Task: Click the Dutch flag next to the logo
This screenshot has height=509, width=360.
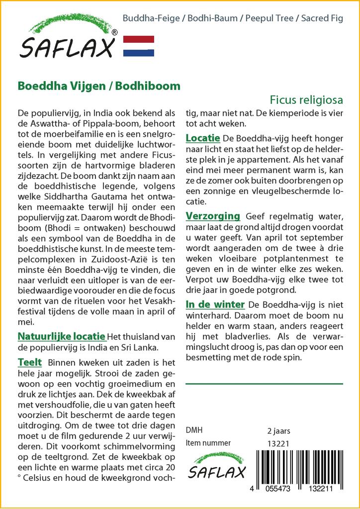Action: pyautogui.click(x=139, y=46)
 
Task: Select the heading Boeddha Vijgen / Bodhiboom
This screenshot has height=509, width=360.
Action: pyautogui.click(x=99, y=85)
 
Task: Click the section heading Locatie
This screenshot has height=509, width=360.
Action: pyautogui.click(x=203, y=137)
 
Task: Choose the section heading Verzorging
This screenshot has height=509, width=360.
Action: pyautogui.click(x=213, y=216)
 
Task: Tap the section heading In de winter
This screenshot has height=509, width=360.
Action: pyautogui.click(x=215, y=304)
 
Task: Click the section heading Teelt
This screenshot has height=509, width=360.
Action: pyautogui.click(x=30, y=362)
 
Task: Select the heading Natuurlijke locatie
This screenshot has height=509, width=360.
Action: pyautogui.click(x=61, y=336)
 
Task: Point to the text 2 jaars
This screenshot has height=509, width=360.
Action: pyautogui.click(x=278, y=430)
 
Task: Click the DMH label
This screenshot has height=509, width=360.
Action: pyautogui.click(x=194, y=430)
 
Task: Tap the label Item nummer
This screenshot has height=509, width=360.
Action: pyautogui.click(x=208, y=443)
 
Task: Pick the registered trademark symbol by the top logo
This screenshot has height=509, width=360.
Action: pyautogui.click(x=114, y=33)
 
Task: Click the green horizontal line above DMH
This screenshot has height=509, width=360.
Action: pyautogui.click(x=264, y=384)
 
